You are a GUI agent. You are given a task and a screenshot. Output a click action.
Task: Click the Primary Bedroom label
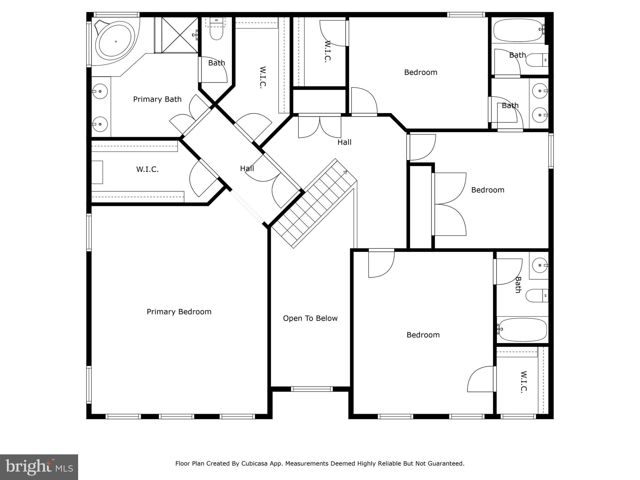click(179, 312)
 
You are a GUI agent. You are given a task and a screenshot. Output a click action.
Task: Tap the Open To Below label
click(310, 318)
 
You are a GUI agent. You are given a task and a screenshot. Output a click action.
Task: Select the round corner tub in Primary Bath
click(115, 41)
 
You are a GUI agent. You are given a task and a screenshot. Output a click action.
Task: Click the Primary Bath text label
click(157, 99)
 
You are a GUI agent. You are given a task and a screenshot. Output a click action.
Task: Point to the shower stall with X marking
click(180, 35)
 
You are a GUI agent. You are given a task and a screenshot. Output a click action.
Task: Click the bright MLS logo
click(39, 467)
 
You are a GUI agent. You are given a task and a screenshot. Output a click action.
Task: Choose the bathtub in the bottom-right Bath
click(522, 330)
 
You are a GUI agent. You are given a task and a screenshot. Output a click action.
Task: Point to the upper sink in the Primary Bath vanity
click(100, 92)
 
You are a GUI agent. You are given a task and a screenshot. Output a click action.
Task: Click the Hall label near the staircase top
click(344, 142)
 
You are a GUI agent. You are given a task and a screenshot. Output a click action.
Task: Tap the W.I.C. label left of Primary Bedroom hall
click(147, 169)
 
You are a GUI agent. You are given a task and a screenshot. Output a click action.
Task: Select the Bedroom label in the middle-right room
click(487, 190)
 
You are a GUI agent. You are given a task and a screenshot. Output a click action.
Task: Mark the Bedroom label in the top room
click(421, 72)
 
